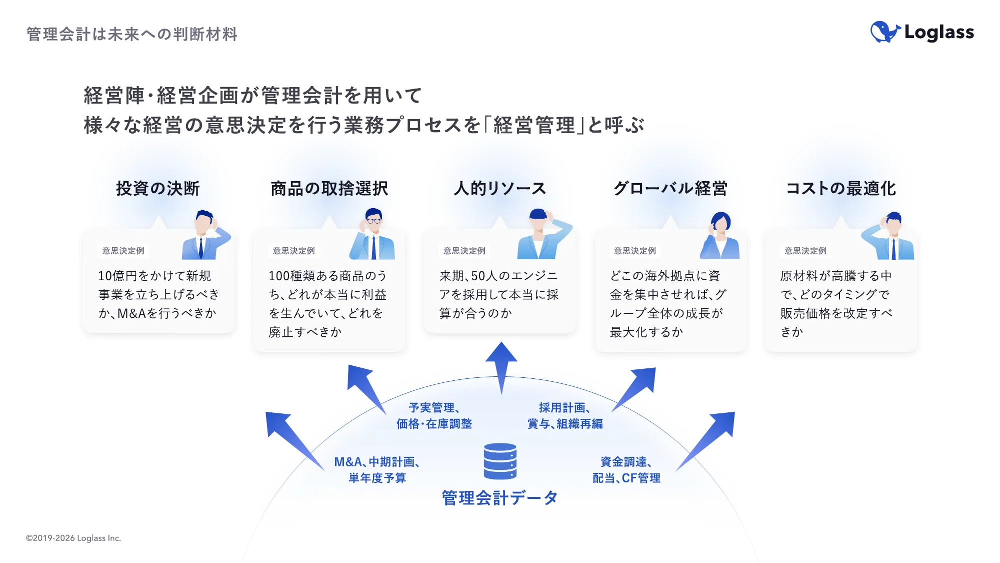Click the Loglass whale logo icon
(885, 32)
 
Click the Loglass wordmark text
(939, 33)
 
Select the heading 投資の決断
(158, 189)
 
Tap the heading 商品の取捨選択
(329, 189)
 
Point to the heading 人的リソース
(499, 189)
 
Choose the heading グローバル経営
(670, 189)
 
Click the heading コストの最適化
(841, 189)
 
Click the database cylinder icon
(500, 461)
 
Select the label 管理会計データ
(499, 498)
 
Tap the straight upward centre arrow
(501, 365)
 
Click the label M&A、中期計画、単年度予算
(377, 470)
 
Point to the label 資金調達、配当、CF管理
(626, 470)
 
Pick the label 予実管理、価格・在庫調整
(434, 416)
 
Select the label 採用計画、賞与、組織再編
(565, 416)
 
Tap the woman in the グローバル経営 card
(720, 235)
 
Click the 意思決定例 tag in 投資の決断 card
(123, 251)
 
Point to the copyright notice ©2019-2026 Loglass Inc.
(73, 538)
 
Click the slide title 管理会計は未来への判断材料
(132, 34)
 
